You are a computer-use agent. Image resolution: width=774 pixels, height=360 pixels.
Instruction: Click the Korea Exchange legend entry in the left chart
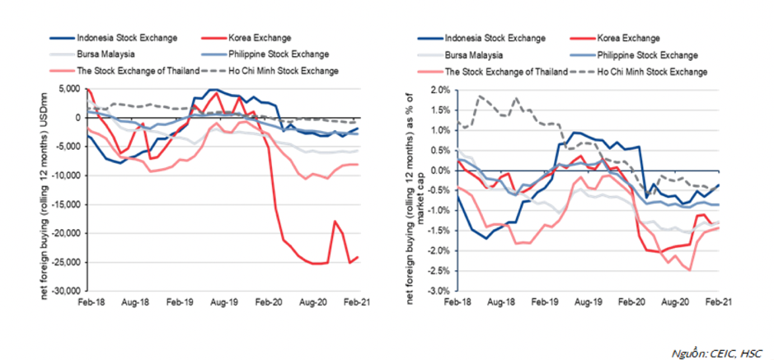point(258,38)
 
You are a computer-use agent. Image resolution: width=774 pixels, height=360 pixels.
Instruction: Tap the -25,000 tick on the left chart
point(64,263)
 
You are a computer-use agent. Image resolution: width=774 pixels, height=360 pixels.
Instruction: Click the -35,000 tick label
point(64,292)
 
